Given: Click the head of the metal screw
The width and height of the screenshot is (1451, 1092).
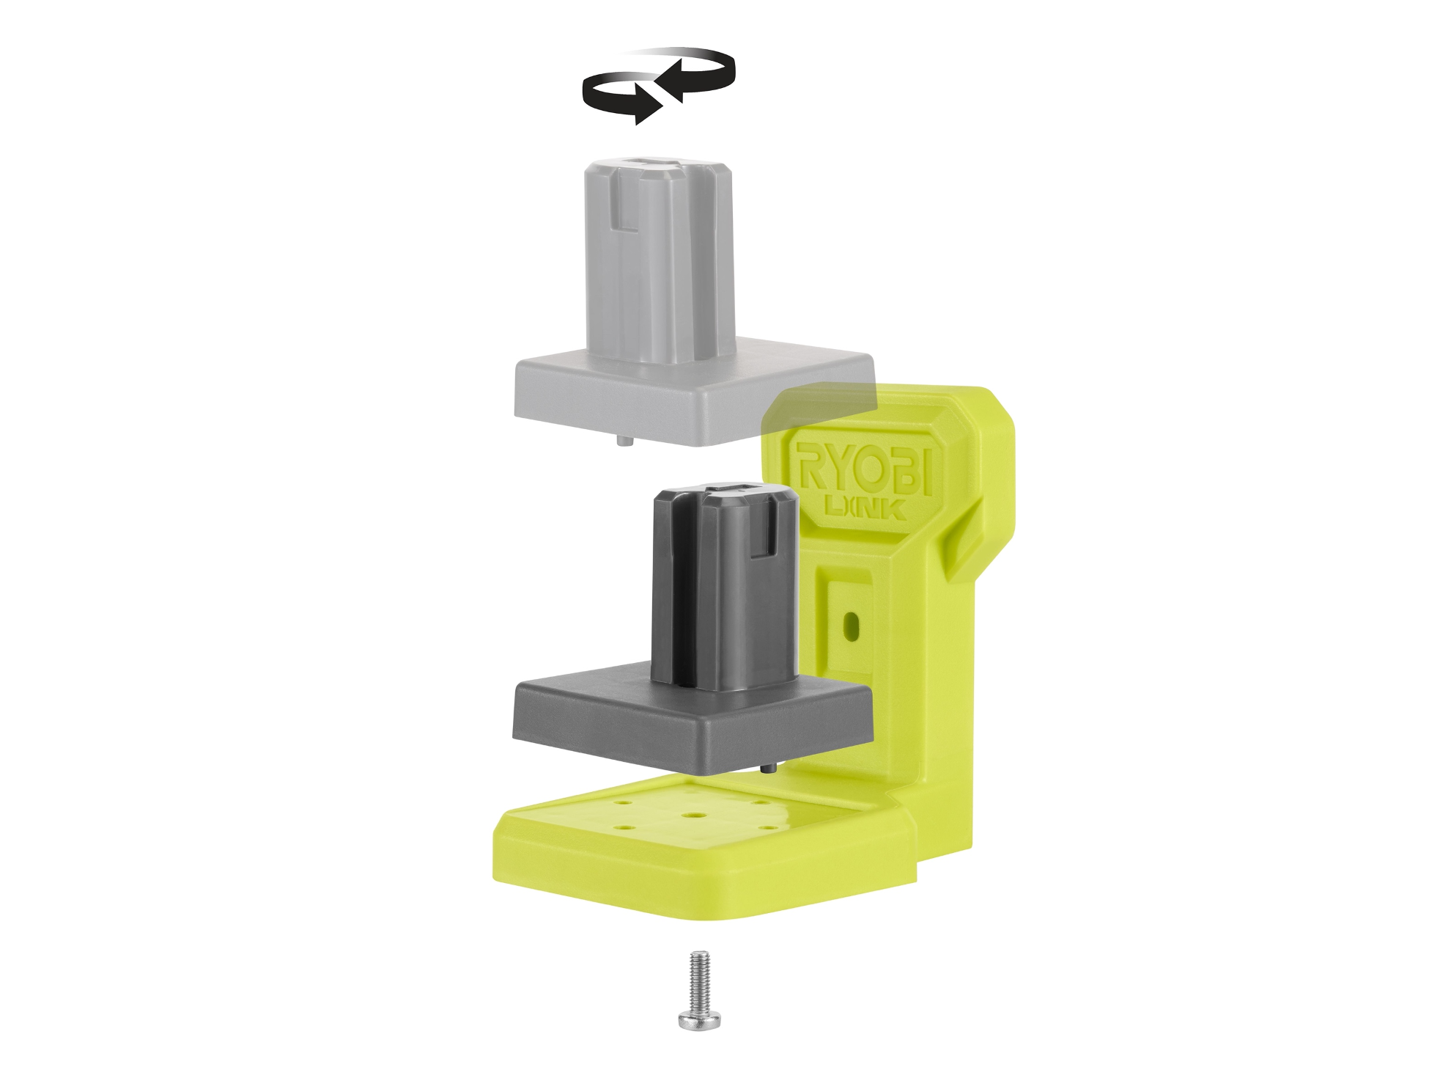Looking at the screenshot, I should (699, 1019).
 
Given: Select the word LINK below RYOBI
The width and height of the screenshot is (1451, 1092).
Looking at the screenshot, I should (865, 507).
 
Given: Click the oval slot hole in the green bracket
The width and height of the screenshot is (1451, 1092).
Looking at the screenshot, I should (851, 625).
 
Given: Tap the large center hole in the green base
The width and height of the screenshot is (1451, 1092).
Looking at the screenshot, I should (691, 814).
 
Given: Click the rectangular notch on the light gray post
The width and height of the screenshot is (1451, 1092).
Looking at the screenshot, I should (625, 217).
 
